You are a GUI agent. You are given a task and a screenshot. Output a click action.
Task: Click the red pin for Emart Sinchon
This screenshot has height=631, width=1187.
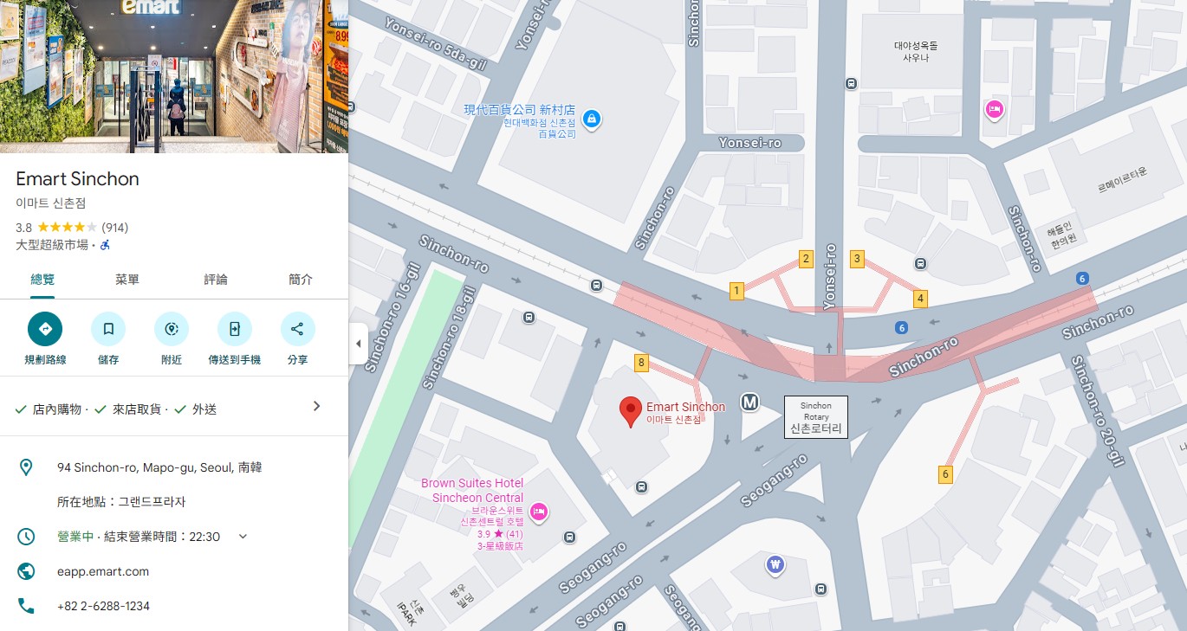click(x=631, y=411)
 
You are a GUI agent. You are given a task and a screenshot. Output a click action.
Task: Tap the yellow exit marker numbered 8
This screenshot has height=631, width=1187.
click(x=641, y=363)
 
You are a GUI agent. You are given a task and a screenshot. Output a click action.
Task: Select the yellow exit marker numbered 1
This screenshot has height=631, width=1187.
click(x=736, y=291)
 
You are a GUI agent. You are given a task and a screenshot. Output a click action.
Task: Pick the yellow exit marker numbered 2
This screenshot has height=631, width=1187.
click(x=806, y=258)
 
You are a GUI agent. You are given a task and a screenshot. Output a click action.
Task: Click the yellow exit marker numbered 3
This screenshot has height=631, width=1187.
click(x=857, y=258)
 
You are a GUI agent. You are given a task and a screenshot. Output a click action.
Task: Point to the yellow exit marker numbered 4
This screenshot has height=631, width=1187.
click(x=920, y=299)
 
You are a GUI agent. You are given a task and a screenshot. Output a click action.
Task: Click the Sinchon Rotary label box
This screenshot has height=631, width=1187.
click(x=815, y=417)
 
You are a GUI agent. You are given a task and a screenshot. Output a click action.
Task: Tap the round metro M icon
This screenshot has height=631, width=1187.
click(x=749, y=402)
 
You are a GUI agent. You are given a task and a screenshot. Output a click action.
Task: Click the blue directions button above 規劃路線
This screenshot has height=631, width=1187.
click(x=45, y=329)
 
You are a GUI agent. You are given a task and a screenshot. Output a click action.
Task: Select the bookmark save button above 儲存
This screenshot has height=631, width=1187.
click(x=108, y=329)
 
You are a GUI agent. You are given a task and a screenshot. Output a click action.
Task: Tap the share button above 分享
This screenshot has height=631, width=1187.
click(x=297, y=329)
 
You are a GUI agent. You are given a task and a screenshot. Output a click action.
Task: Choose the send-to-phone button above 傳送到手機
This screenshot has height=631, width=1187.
click(x=234, y=329)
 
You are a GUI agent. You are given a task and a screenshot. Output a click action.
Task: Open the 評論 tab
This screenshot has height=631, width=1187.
click(x=216, y=280)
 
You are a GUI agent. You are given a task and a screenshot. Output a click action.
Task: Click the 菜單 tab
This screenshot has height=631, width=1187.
click(x=127, y=280)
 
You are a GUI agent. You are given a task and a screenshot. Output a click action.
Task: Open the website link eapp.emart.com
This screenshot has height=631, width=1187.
click(x=103, y=571)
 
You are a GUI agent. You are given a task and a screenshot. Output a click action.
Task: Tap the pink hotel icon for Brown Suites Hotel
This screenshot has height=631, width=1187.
click(x=538, y=512)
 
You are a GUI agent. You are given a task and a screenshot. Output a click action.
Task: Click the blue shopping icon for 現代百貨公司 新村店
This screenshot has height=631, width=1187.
click(x=591, y=118)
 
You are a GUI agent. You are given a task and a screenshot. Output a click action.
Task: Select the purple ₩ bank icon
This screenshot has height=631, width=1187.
click(x=775, y=565)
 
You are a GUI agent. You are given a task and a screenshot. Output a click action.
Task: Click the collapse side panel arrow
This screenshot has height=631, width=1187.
click(x=358, y=344)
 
